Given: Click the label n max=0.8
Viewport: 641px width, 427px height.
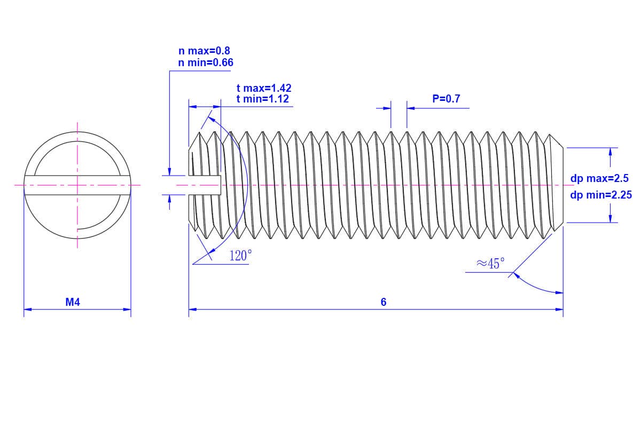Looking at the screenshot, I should tap(204, 51).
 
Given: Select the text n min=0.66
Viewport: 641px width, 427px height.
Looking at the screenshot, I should tap(206, 63).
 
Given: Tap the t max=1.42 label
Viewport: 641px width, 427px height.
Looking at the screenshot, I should tap(264, 88).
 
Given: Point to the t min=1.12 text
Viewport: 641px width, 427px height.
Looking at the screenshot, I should tap(263, 99).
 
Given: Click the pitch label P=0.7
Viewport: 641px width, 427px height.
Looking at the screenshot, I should tap(446, 99).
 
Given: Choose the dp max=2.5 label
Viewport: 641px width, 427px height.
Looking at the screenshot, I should tap(599, 179).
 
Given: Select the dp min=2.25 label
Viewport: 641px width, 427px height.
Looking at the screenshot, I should tap(601, 195).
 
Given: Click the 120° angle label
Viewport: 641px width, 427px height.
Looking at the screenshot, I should tap(240, 256).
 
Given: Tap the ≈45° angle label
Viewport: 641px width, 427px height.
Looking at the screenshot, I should tap(490, 263).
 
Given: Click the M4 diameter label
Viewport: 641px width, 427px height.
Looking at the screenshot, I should tap(73, 302).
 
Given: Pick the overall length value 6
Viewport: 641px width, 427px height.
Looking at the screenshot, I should tap(384, 302).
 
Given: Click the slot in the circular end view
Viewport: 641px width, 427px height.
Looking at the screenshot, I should tap(77, 185).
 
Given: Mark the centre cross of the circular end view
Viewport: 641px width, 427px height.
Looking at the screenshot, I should tap(77, 185).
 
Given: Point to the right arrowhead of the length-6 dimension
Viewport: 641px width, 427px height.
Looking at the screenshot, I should tap(559, 309).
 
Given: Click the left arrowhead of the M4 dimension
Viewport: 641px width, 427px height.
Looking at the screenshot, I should tap(28, 309).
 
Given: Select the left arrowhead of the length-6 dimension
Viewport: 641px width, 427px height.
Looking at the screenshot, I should tap(193, 309).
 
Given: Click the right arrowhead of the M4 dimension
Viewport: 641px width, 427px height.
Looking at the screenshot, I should tap(127, 309).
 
